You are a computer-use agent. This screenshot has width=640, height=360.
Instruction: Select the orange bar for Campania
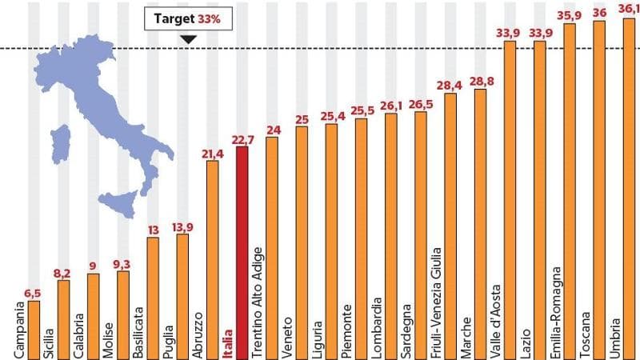click(x=34, y=328)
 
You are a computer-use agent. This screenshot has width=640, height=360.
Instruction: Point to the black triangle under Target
click(x=187, y=38)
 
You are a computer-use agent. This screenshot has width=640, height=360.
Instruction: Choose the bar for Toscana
click(x=598, y=160)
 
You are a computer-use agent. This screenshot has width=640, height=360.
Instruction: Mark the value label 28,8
click(x=480, y=82)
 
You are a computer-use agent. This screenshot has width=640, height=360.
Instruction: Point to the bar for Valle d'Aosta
click(x=510, y=160)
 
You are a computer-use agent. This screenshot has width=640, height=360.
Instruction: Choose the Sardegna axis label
click(x=406, y=329)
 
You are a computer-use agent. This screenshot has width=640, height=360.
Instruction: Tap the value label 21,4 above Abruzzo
click(x=213, y=153)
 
